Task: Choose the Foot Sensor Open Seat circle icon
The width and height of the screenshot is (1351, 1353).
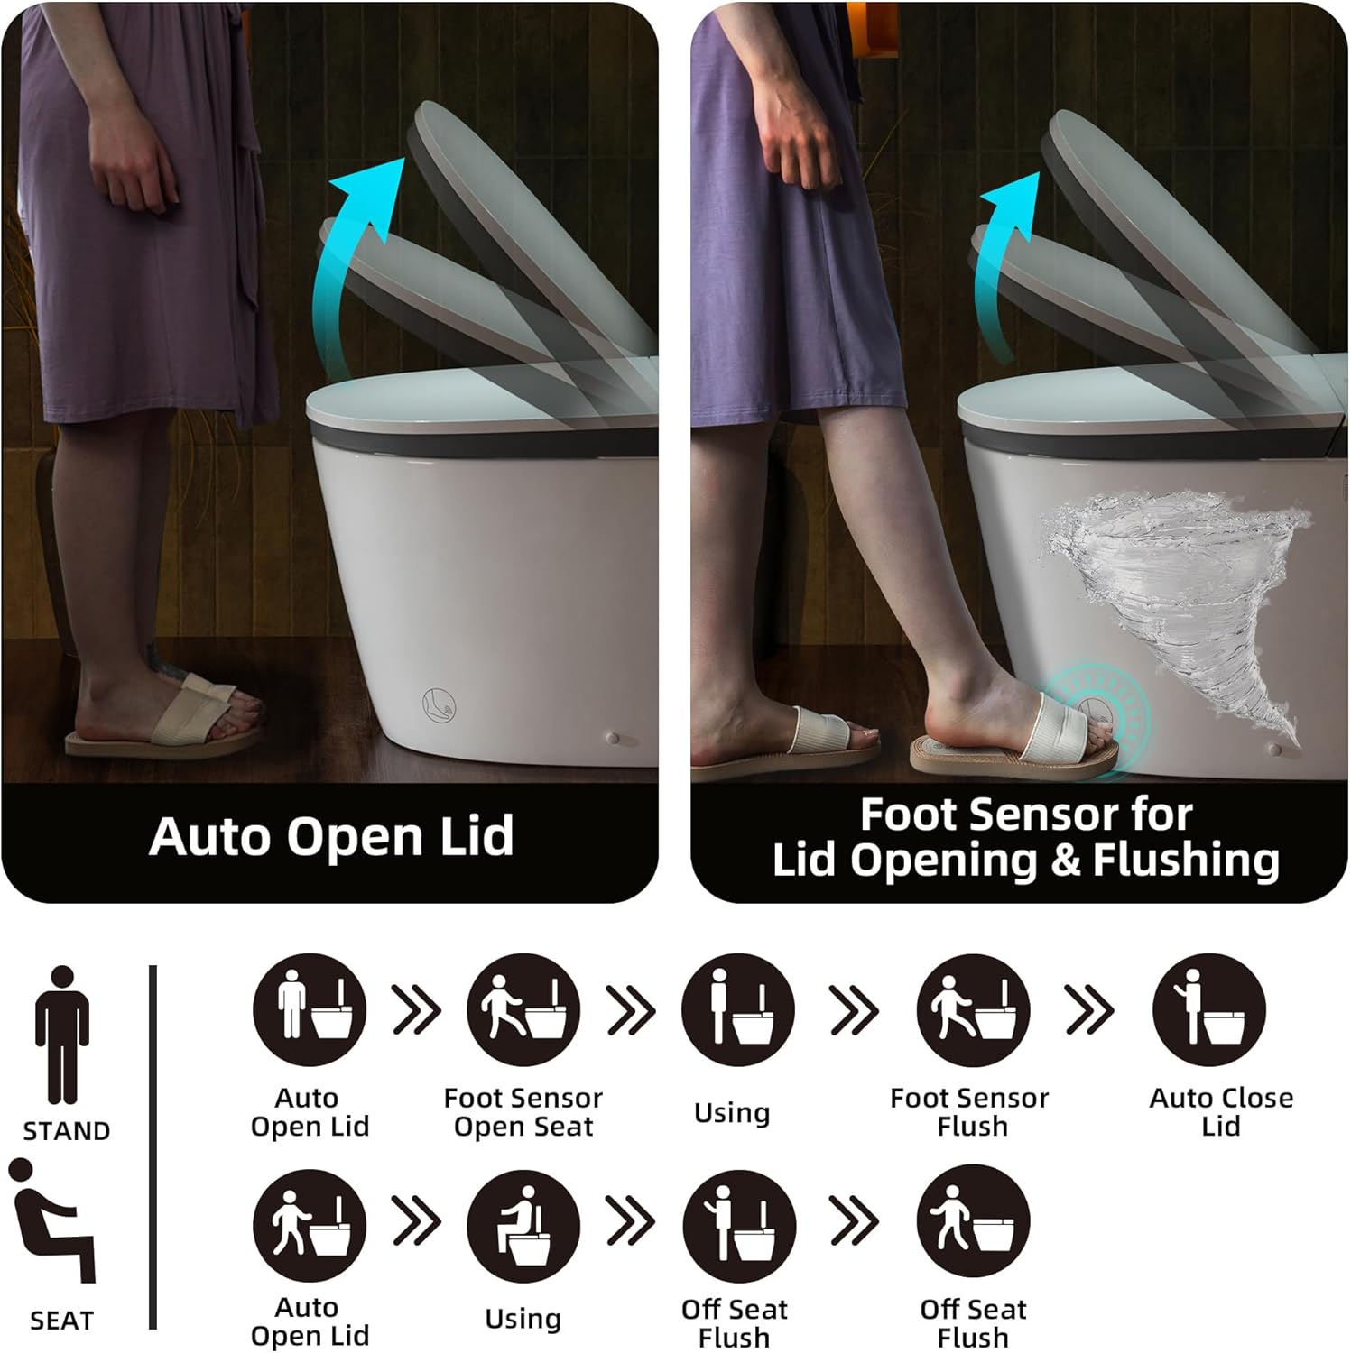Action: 523,1010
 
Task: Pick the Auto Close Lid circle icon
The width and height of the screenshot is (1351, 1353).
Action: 1209,1010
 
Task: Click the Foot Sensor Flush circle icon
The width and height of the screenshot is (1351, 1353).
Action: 973,1010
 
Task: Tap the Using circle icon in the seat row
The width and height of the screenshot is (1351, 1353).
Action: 523,1227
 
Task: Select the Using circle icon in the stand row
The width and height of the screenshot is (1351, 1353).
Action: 737,1010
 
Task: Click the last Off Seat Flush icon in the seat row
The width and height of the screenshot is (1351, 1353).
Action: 973,1222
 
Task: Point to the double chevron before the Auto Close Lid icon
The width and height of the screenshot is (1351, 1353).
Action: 1089,1010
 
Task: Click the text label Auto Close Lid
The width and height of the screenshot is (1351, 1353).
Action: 1220,1111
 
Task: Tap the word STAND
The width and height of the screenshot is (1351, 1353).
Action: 67,1131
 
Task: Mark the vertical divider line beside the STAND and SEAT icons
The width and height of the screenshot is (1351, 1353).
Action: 153,1146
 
